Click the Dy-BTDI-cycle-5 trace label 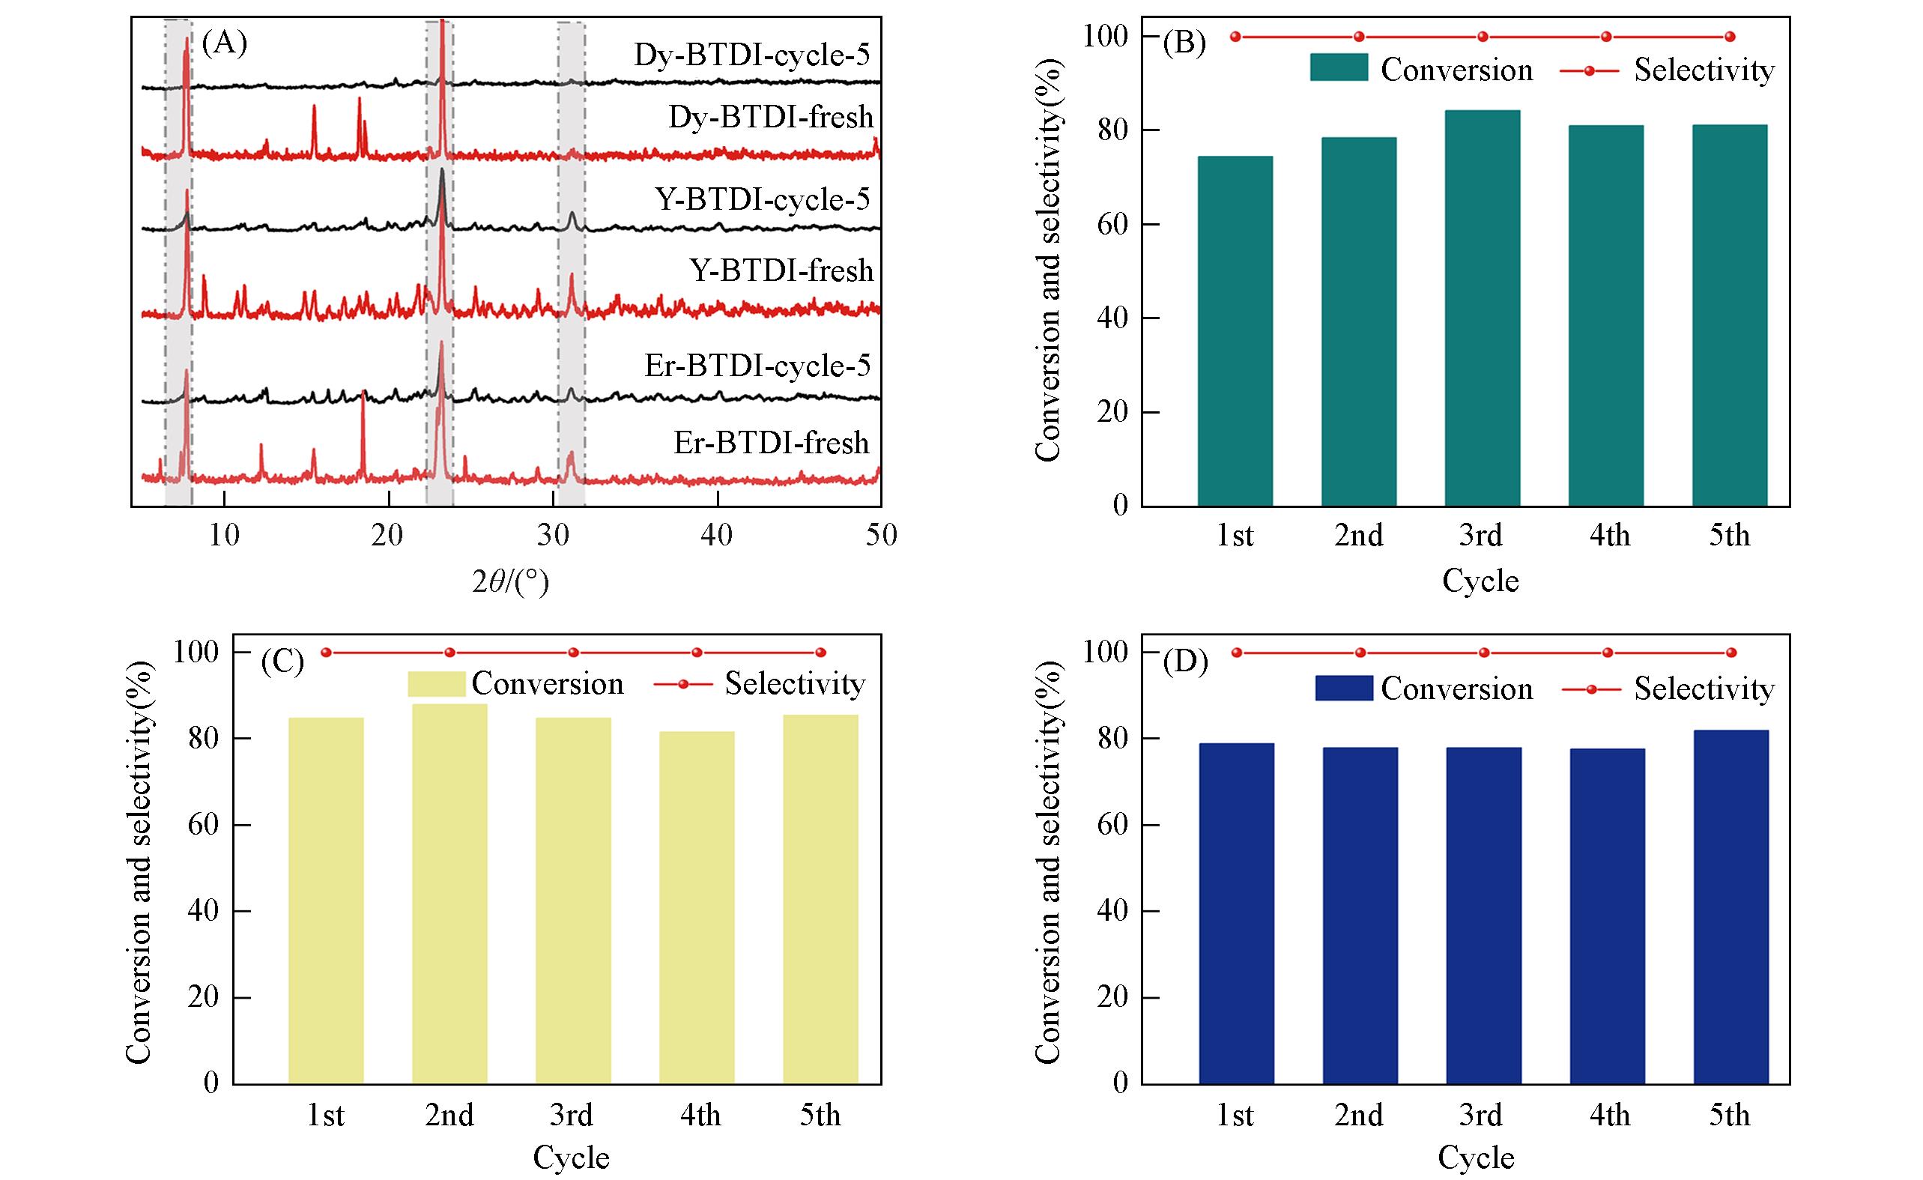pyautogui.click(x=751, y=55)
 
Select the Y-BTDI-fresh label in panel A pyautogui.click(x=781, y=270)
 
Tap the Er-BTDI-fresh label pyautogui.click(x=771, y=443)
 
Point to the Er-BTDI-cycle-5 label pyautogui.click(x=757, y=366)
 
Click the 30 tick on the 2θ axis pyautogui.click(x=553, y=535)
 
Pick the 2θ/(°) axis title pyautogui.click(x=509, y=581)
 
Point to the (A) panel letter pyautogui.click(x=224, y=42)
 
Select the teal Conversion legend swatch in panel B pyautogui.click(x=1339, y=67)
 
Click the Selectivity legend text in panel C pyautogui.click(x=795, y=683)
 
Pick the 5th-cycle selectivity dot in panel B pyautogui.click(x=1730, y=37)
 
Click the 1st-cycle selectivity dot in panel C pyautogui.click(x=326, y=653)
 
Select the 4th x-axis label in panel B pyautogui.click(x=1609, y=536)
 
